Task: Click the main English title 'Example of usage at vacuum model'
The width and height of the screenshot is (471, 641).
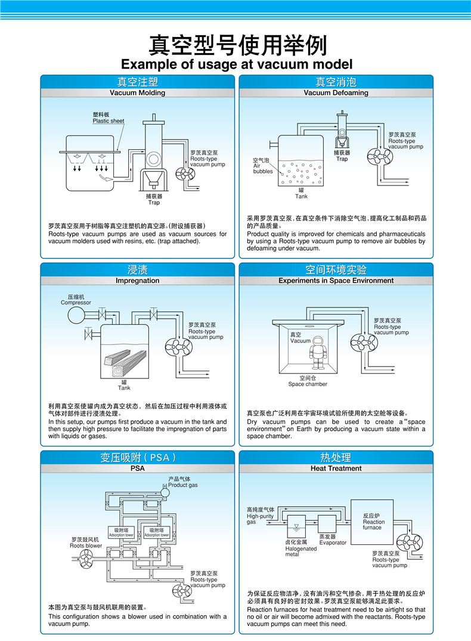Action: point(237,64)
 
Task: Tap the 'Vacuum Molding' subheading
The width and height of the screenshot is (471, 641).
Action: point(137,93)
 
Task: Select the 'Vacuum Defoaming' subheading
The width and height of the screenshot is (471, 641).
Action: point(336,93)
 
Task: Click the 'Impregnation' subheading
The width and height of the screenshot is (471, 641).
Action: point(137,281)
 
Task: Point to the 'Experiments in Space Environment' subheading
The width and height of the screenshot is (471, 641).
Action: point(336,281)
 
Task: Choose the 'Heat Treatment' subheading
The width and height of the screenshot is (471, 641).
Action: point(336,469)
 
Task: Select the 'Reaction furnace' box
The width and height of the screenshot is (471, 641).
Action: point(373,522)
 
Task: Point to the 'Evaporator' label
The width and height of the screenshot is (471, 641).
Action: point(332,543)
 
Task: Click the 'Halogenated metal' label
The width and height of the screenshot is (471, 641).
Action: point(300,548)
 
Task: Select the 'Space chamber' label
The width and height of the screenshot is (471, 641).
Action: point(307,381)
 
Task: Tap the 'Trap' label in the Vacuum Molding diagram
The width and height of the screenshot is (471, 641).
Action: point(154,199)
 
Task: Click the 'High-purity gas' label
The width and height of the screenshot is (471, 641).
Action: point(261,516)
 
